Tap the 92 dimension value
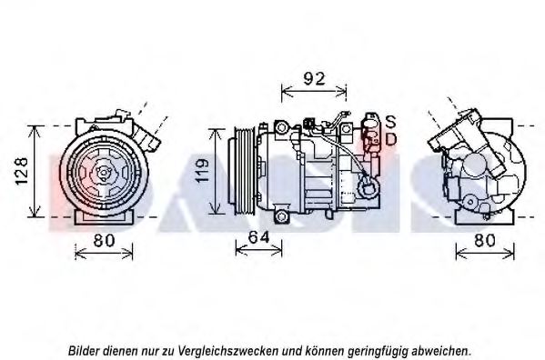pyautogui.click(x=314, y=78)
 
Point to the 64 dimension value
pyautogui.click(x=258, y=239)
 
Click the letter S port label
pyautogui.click(x=390, y=121)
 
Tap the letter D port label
pyautogui.click(x=390, y=139)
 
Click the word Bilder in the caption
pyautogui.click(x=85, y=349)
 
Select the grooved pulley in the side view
pyautogui.click(x=243, y=171)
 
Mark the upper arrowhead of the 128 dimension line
pyautogui.click(x=35, y=126)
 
